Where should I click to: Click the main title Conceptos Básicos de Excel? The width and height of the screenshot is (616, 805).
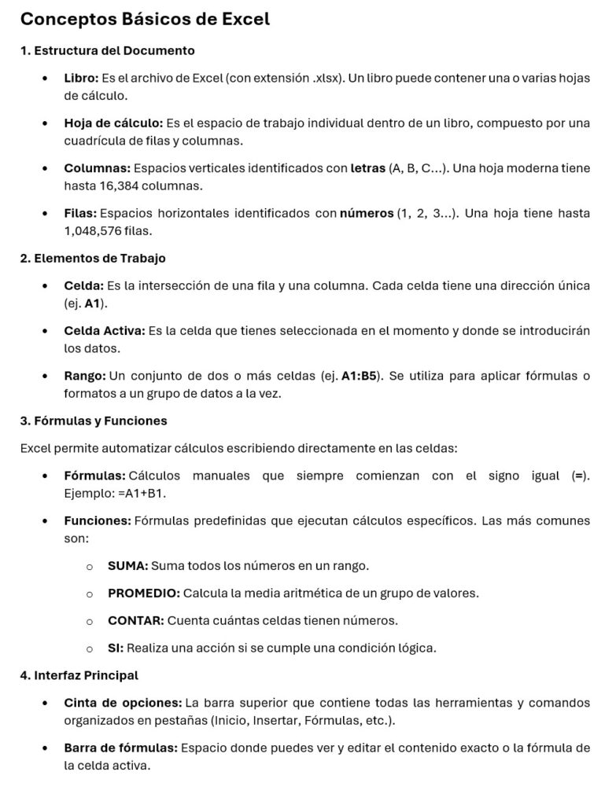(145, 20)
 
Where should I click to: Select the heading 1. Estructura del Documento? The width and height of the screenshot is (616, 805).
(108, 51)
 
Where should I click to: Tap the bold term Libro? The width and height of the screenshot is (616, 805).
(81, 79)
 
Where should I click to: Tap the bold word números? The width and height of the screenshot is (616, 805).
(366, 214)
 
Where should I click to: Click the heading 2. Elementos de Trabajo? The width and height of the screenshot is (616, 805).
(93, 258)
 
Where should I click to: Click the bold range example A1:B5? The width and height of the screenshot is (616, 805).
(362, 377)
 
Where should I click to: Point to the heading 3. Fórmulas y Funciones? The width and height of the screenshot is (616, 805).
(94, 421)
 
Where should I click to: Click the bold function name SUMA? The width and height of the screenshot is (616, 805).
(127, 565)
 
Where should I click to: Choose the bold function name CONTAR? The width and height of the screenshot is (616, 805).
(135, 620)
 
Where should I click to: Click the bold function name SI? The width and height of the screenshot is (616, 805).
(115, 648)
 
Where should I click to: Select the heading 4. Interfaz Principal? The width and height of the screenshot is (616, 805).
(79, 675)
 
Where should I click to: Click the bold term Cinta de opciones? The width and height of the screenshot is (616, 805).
(123, 702)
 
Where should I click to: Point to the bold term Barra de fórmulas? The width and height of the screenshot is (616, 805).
(120, 747)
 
